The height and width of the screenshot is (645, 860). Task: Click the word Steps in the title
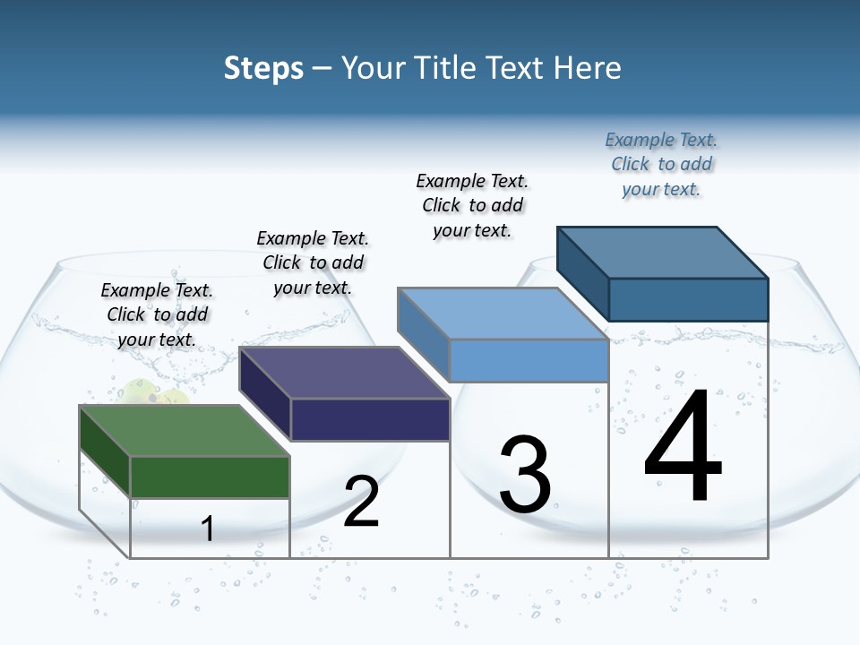[x=263, y=68]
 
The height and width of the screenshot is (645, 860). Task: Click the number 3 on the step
[x=525, y=475]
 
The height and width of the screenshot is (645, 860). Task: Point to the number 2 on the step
[x=362, y=502]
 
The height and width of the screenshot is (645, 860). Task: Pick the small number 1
[x=208, y=529]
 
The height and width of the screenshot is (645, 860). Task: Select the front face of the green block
[x=211, y=477]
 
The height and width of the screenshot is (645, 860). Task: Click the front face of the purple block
[x=370, y=419]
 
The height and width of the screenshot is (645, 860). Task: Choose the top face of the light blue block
[x=503, y=314]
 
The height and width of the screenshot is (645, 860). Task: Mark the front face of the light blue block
[x=529, y=360]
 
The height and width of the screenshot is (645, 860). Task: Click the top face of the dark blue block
[x=663, y=252]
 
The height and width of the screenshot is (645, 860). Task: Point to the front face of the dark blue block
[x=688, y=299]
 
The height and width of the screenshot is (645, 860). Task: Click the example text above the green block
[x=157, y=315]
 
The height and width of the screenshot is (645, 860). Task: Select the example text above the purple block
[x=313, y=262]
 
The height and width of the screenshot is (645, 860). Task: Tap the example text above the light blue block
[x=472, y=205]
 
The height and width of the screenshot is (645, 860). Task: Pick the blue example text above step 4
[x=661, y=164]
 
